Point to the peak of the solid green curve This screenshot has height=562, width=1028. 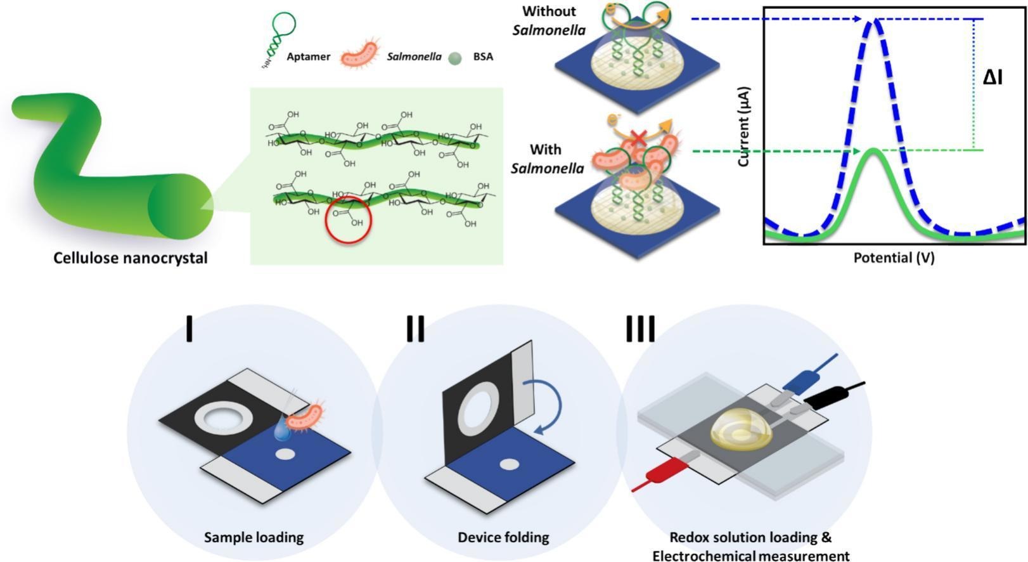(x=874, y=151)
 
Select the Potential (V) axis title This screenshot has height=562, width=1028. (x=894, y=258)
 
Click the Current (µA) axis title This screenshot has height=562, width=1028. (x=744, y=126)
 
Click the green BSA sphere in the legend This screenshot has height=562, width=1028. (x=454, y=58)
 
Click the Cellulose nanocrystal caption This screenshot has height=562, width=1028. (x=130, y=258)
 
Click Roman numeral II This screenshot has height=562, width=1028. (x=415, y=329)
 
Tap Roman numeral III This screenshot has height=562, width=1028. (x=640, y=329)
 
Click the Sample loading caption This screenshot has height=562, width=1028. (x=254, y=538)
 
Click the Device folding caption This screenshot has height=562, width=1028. (x=503, y=538)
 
